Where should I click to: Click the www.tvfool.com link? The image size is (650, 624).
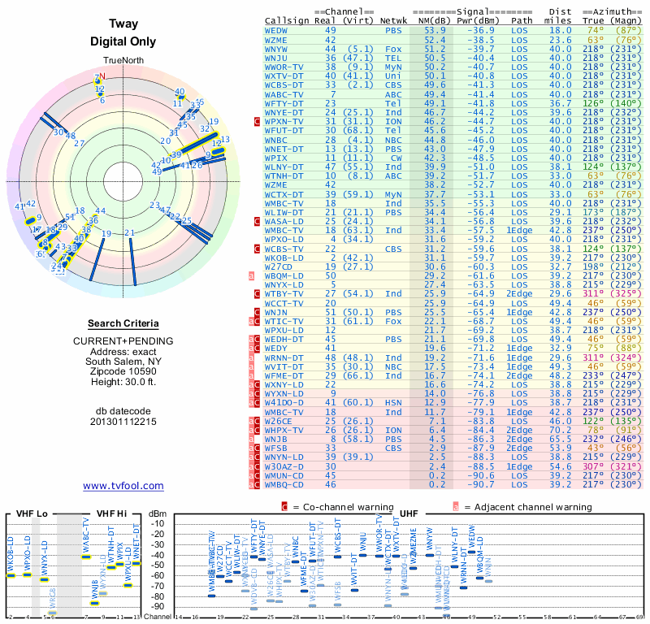[x=123, y=486]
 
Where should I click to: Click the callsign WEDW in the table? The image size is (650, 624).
[x=276, y=30]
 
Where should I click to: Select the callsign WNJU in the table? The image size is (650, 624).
[x=276, y=58]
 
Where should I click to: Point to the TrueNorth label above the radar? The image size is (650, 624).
[x=123, y=61]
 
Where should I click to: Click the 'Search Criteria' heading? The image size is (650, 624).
[x=123, y=323]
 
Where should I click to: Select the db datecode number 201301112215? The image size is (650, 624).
[x=123, y=422]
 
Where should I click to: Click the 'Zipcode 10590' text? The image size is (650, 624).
[x=123, y=370]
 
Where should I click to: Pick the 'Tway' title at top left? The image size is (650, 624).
[x=123, y=24]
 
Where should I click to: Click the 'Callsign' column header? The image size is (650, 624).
[x=286, y=20]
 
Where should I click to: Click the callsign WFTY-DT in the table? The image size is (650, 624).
[x=284, y=103]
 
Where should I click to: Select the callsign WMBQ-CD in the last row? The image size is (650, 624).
[x=284, y=484]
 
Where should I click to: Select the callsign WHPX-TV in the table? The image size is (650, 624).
[x=284, y=430]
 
